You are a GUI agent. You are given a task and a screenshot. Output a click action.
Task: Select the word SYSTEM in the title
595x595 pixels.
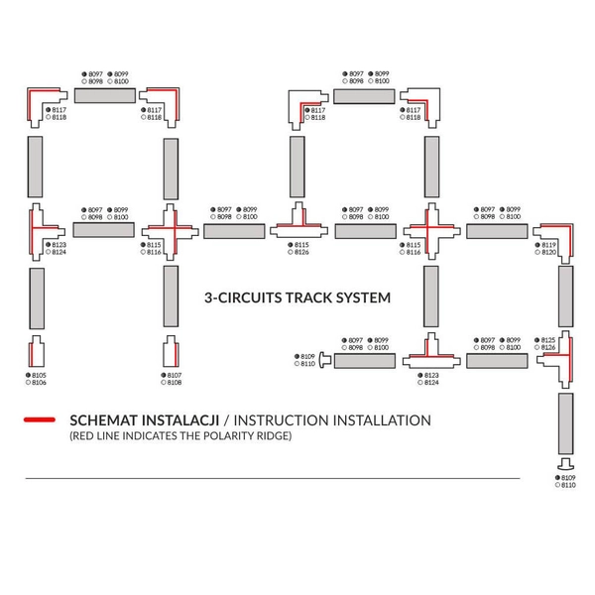[x=361, y=297]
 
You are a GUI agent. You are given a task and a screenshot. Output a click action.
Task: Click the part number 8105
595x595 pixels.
[x=40, y=375]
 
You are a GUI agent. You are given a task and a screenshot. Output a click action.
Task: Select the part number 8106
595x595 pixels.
[x=40, y=382]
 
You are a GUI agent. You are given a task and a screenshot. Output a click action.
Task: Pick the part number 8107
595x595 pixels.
[x=175, y=375]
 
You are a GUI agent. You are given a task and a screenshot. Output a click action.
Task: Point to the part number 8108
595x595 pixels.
[x=175, y=382]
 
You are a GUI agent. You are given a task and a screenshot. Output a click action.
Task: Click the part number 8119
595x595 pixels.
[x=548, y=245]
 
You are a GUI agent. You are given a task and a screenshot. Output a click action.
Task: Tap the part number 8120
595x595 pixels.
[x=548, y=252]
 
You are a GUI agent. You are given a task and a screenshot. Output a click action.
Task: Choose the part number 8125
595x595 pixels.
[x=548, y=340]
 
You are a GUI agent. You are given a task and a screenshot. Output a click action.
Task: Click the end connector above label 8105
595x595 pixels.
[x=36, y=352]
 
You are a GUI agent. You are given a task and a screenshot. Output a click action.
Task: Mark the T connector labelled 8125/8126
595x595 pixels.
[x=560, y=363]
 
